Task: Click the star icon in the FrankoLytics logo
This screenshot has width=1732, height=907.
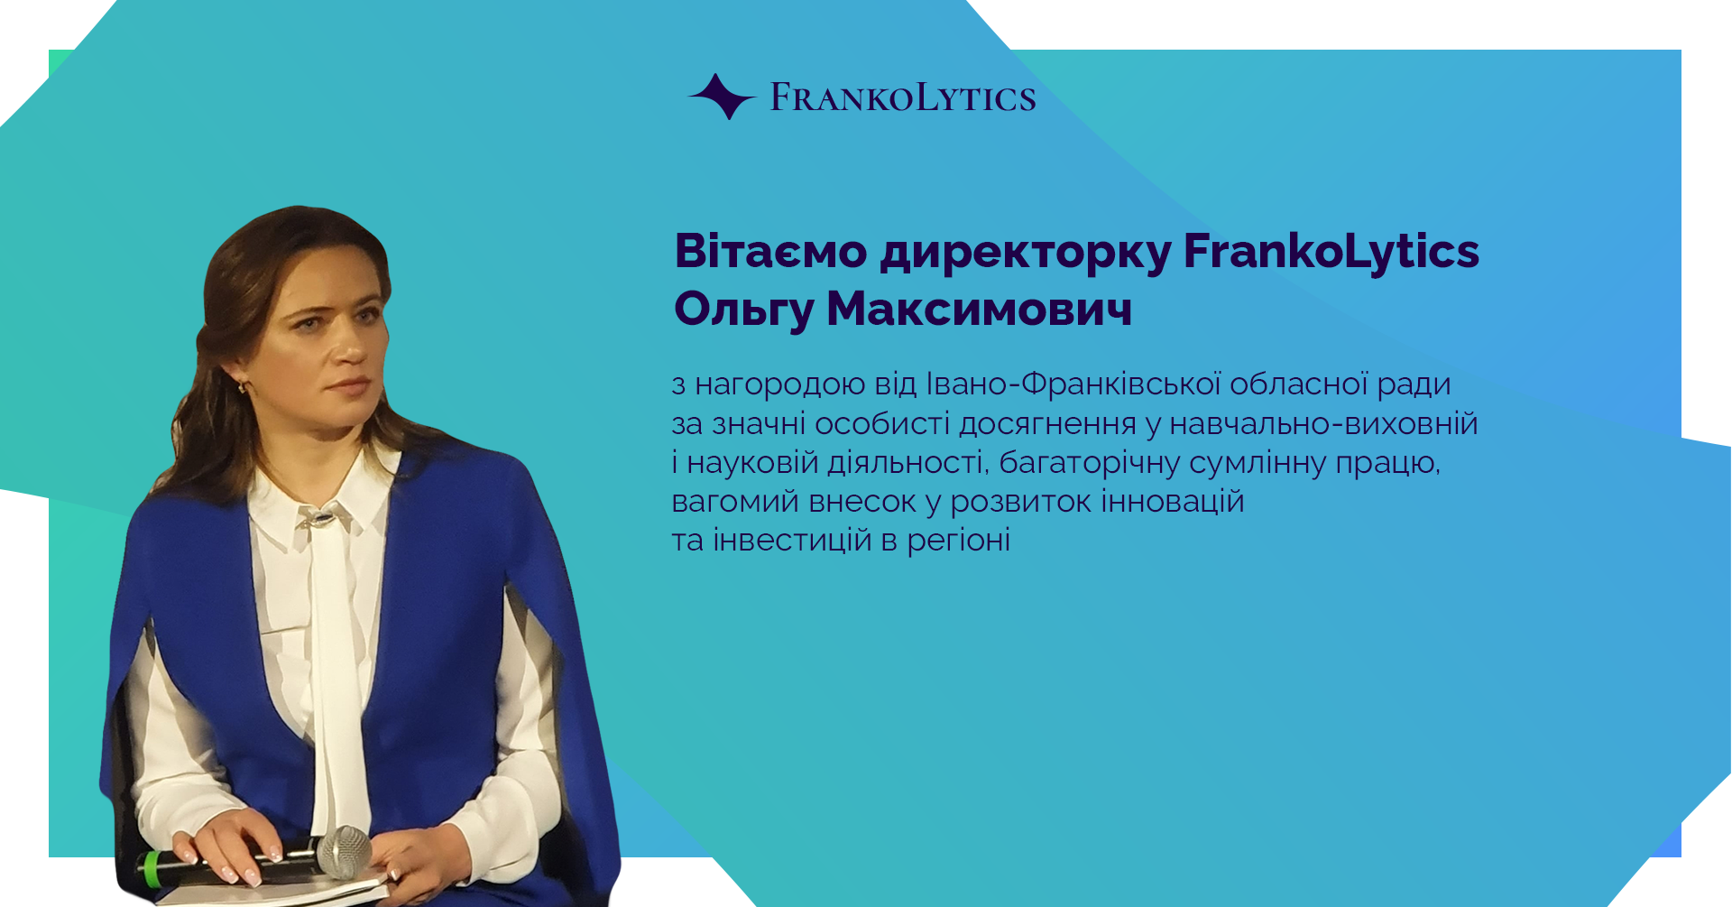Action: pyautogui.click(x=722, y=97)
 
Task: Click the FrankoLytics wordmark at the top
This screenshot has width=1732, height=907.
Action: pyautogui.click(x=903, y=97)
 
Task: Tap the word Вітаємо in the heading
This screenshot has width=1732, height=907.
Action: pyautogui.click(x=771, y=251)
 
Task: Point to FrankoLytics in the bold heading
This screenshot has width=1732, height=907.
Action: pyautogui.click(x=1331, y=253)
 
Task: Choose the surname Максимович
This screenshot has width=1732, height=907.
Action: pyautogui.click(x=980, y=309)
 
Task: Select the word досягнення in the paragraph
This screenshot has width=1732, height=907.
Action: pyautogui.click(x=1047, y=425)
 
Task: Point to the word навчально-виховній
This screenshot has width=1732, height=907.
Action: pyautogui.click(x=1323, y=423)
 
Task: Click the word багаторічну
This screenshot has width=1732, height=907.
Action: pyautogui.click(x=1090, y=464)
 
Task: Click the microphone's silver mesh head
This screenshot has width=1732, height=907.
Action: pyautogui.click(x=344, y=851)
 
